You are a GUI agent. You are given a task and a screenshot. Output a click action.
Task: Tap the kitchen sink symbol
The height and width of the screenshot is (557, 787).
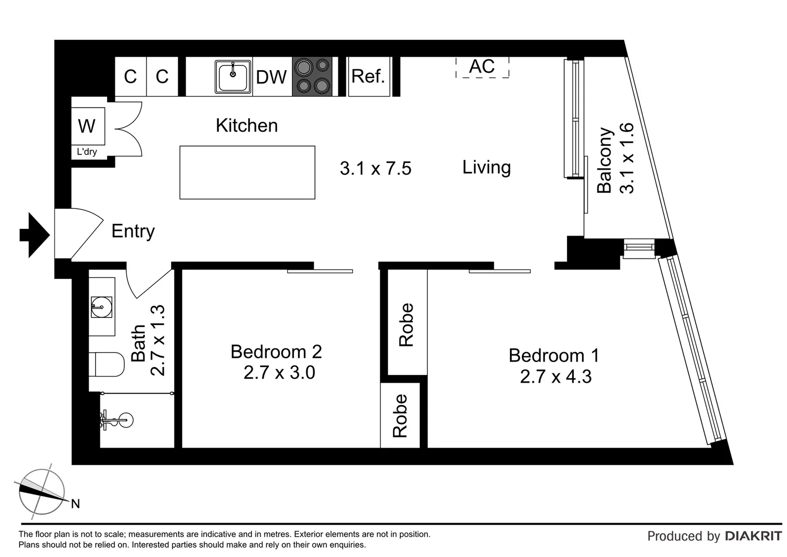[233, 77]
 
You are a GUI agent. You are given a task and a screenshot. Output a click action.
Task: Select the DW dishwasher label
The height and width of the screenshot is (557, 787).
[271, 77]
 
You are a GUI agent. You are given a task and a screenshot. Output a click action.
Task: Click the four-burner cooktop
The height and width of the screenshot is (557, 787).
[312, 76]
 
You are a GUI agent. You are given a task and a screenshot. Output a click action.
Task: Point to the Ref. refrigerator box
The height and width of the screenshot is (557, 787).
[368, 76]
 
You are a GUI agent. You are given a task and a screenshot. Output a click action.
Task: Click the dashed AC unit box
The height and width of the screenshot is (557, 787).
[482, 67]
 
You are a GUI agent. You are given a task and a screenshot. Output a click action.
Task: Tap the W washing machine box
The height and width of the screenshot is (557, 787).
[87, 126]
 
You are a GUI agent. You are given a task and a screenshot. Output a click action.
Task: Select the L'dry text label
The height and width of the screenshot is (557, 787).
[87, 152]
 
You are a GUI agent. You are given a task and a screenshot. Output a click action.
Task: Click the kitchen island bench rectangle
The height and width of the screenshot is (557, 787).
[247, 172]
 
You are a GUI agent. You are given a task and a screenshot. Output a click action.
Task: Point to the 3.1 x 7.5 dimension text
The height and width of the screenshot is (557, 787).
[375, 169]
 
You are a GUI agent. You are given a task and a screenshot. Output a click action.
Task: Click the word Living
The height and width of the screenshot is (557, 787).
[486, 167]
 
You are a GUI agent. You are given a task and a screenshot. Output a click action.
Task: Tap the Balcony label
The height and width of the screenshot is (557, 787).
[605, 160]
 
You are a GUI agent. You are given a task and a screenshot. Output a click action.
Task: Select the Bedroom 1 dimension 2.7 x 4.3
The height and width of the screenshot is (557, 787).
[555, 377]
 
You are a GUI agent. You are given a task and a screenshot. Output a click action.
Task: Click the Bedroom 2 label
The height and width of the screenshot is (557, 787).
[276, 352]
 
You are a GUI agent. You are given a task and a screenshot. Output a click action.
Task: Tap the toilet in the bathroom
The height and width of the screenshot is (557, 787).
[106, 365]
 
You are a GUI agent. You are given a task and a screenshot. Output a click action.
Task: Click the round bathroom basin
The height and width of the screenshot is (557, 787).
[101, 307]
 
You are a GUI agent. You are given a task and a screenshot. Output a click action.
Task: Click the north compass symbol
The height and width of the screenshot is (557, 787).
[42, 492]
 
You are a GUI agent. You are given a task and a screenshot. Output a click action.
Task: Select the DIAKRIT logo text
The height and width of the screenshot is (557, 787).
[753, 536]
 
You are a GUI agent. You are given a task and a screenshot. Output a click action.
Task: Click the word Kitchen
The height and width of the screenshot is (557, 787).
[247, 125]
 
